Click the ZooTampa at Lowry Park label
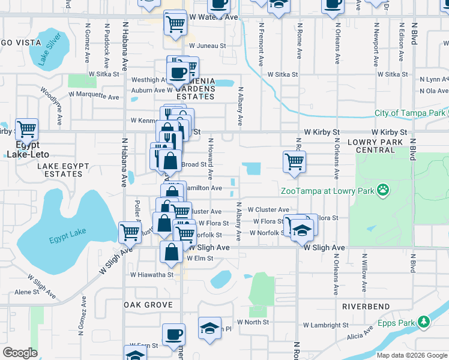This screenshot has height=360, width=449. [327, 191]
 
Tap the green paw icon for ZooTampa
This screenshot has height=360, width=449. [382, 191]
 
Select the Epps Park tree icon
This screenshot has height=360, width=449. [424, 322]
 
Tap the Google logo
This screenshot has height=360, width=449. [20, 352]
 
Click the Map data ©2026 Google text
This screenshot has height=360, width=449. [411, 355]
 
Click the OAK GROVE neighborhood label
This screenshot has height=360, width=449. [148, 305]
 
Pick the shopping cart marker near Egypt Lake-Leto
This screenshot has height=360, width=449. [26, 129]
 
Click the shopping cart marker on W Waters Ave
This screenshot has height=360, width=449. [175, 24]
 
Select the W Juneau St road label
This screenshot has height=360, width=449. [207, 45]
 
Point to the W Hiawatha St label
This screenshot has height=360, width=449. [152, 275]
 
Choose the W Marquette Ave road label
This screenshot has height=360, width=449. [93, 94]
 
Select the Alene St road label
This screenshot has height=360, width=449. [27, 292]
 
